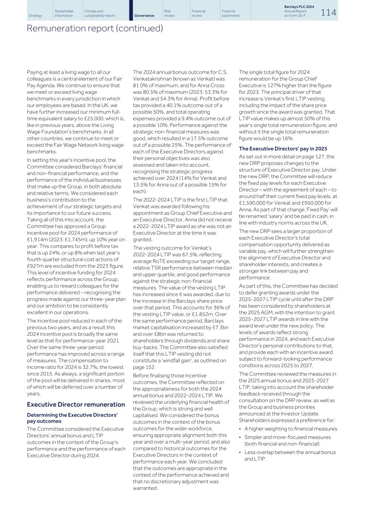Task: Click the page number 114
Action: [x=328, y=12]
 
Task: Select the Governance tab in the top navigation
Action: [x=144, y=15]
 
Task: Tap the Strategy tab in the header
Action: [x=35, y=15]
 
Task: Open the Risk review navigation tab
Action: [x=169, y=13]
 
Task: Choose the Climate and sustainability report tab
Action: [x=100, y=13]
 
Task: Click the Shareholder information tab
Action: [x=64, y=13]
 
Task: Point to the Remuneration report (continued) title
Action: [x=95, y=28]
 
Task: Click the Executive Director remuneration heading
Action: [x=76, y=404]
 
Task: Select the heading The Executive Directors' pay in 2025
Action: [x=283, y=149]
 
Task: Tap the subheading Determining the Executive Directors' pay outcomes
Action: [x=72, y=418]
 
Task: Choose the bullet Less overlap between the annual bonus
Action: [x=290, y=452]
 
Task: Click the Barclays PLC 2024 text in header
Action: [x=299, y=7]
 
